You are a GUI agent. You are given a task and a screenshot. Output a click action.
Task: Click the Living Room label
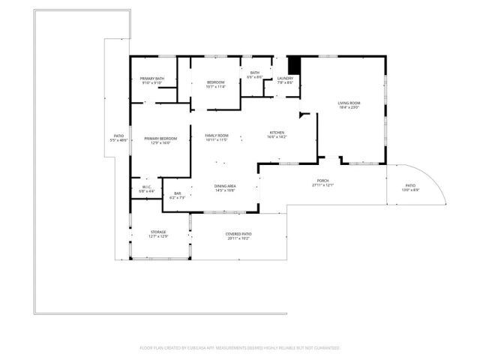(349, 103)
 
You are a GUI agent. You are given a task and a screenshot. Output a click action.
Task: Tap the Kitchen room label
(277, 133)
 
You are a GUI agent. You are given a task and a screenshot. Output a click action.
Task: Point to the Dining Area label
(226, 186)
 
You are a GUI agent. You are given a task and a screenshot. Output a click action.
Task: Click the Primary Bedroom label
(160, 138)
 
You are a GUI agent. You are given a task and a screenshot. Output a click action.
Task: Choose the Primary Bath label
(152, 79)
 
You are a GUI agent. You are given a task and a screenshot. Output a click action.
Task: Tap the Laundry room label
(285, 78)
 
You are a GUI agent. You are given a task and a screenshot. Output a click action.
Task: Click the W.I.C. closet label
(147, 187)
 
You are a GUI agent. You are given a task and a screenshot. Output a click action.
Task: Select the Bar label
(178, 193)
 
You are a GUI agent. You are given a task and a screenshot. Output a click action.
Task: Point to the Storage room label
(157, 232)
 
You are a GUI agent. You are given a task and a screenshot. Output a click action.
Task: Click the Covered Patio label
(238, 234)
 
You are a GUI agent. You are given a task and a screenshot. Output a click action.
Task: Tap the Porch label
(322, 181)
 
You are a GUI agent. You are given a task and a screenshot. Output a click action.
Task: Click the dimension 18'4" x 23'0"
(349, 107)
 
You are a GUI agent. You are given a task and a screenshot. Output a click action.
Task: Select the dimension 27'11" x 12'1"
(322, 185)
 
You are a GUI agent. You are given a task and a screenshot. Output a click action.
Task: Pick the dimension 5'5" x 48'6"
(118, 140)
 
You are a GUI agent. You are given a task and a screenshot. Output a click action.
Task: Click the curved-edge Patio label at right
(410, 185)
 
